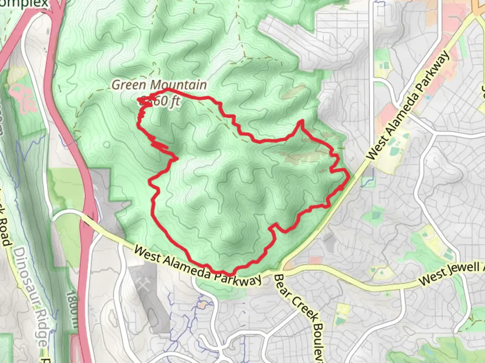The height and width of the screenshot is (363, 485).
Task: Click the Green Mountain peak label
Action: tap(159, 85)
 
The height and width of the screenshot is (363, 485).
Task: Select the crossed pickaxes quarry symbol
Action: tap(144, 286)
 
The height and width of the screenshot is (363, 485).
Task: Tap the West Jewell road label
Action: tap(451, 273)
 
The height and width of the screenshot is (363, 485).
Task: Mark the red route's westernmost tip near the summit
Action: tap(138, 98)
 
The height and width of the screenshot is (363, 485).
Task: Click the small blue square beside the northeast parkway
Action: tap(428, 97)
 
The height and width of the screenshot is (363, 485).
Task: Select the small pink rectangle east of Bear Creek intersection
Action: tap(315, 260)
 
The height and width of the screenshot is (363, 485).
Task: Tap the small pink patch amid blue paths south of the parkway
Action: tap(202, 305)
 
